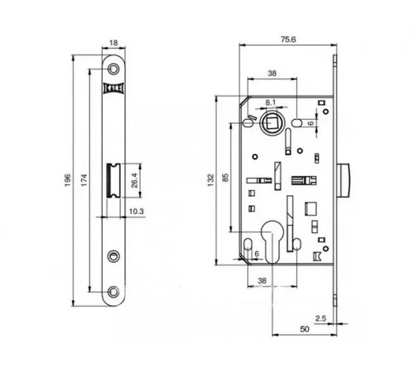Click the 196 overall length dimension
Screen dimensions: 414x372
[68, 180]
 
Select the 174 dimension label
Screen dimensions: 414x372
[84, 180]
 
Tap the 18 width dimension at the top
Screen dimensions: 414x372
[113, 43]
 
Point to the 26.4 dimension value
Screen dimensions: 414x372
[135, 180]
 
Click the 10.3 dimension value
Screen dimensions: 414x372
[137, 212]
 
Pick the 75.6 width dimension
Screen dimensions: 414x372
[288, 40]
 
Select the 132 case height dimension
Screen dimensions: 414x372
[211, 180]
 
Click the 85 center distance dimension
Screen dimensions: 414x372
[226, 177]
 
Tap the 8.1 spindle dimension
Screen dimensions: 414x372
[271, 103]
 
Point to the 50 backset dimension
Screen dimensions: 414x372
[305, 329]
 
